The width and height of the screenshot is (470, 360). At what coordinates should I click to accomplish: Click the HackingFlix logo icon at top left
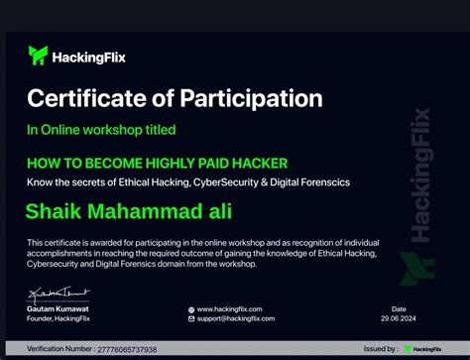[38, 55]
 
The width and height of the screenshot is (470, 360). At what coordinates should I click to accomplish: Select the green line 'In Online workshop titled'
[101, 129]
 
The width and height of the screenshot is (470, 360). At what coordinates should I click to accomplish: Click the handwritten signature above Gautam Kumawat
[52, 293]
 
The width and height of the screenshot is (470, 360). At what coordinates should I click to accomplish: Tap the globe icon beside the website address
[191, 308]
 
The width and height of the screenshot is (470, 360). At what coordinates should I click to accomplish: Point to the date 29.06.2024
[399, 317]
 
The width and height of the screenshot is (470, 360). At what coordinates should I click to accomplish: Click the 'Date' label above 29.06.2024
[399, 308]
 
